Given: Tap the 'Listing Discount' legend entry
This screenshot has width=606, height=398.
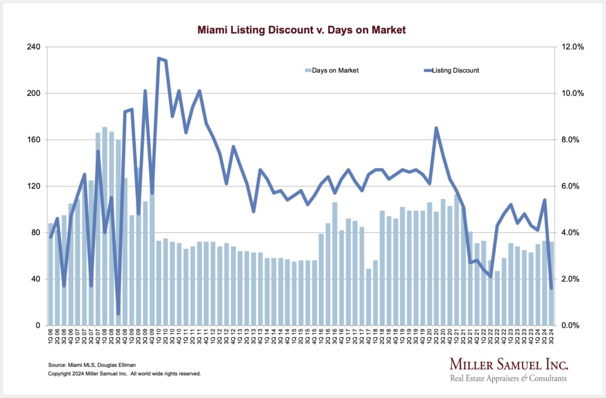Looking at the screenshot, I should pos(452,70).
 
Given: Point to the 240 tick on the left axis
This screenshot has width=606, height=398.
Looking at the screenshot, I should pos(35,47).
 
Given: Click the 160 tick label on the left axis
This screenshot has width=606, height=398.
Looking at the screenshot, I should pos(35,140).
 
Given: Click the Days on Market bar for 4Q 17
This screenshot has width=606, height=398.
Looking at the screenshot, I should pos(368,298).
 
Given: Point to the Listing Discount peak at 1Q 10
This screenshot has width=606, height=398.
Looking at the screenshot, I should pos(159,59).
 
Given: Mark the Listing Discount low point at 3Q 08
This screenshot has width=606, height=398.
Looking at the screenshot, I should pos(118,314).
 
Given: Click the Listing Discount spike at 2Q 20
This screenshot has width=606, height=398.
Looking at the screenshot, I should pos(436,128).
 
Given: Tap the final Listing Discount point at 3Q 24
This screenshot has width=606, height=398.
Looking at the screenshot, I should pos(551,288).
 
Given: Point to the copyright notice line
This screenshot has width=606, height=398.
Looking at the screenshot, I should pos(124,374).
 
